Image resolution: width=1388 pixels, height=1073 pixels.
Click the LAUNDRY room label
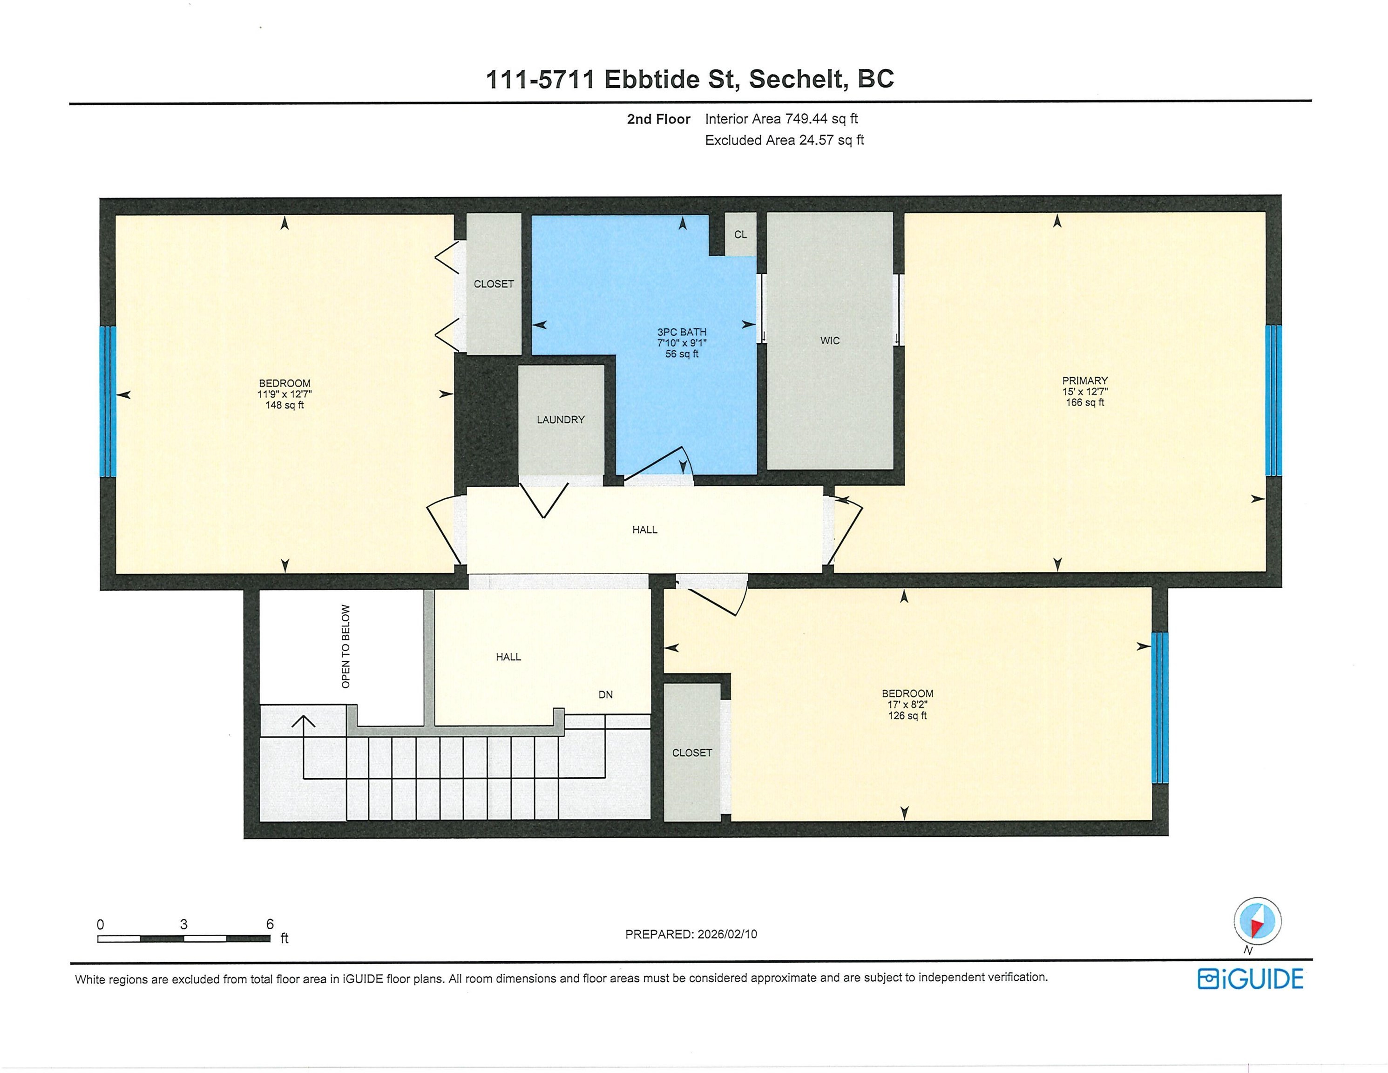click(x=561, y=420)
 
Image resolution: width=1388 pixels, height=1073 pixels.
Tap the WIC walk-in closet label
click(x=830, y=341)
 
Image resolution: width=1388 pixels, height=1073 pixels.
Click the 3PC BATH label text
click(x=682, y=332)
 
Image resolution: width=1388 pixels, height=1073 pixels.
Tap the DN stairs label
click(x=606, y=695)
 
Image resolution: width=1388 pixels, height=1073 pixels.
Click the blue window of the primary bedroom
click(x=1273, y=401)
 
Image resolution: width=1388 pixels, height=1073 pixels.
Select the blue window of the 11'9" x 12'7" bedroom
click(x=108, y=402)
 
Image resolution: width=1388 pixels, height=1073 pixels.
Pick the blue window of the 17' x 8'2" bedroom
click(x=1160, y=707)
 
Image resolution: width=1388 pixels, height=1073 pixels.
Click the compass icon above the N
click(x=1257, y=920)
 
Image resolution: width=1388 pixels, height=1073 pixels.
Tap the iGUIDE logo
click(x=1250, y=979)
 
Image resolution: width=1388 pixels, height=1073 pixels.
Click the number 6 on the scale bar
click(x=270, y=924)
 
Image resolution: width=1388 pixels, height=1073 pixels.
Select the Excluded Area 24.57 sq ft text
click(x=784, y=140)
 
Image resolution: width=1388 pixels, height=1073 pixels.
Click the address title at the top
click(x=690, y=79)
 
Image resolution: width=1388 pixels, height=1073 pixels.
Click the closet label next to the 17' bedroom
click(x=692, y=753)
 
